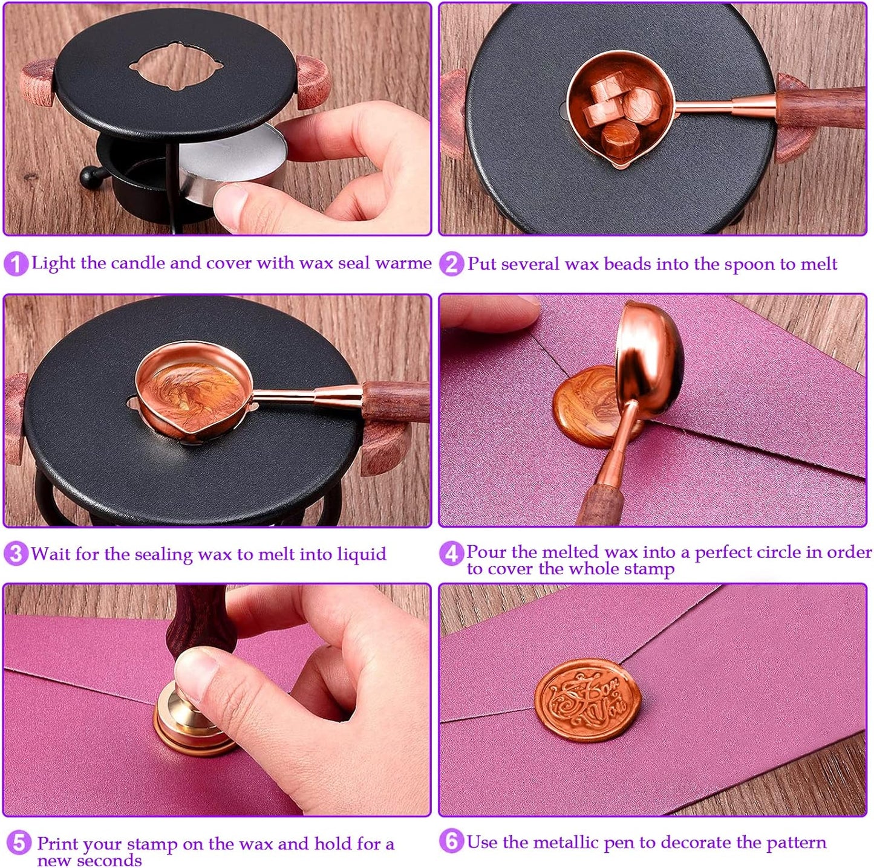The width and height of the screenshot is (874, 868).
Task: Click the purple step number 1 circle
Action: (x=16, y=264)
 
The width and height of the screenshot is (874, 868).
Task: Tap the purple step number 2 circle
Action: (x=451, y=264)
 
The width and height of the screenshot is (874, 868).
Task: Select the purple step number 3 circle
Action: (x=16, y=554)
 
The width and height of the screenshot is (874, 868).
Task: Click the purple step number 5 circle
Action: (x=19, y=843)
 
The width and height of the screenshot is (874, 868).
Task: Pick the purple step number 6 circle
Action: (x=451, y=841)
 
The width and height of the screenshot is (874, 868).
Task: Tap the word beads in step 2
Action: (x=627, y=264)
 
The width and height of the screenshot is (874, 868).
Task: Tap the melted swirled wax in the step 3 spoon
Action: (x=191, y=396)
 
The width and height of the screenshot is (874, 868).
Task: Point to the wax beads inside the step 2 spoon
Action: (x=620, y=109)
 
